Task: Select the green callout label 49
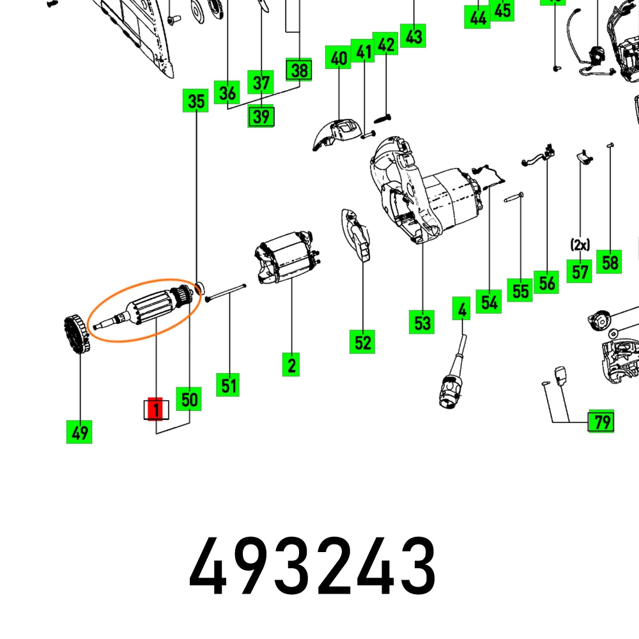tap(79, 433)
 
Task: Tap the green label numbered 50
tap(189, 400)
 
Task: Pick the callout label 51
tap(228, 385)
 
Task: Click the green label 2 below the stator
tap(291, 365)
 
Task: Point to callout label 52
tap(362, 342)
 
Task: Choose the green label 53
tap(422, 322)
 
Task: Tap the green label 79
tap(601, 422)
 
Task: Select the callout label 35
tap(196, 101)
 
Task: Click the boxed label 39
tap(261, 116)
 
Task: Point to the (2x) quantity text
tap(580, 244)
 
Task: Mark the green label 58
tap(610, 261)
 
